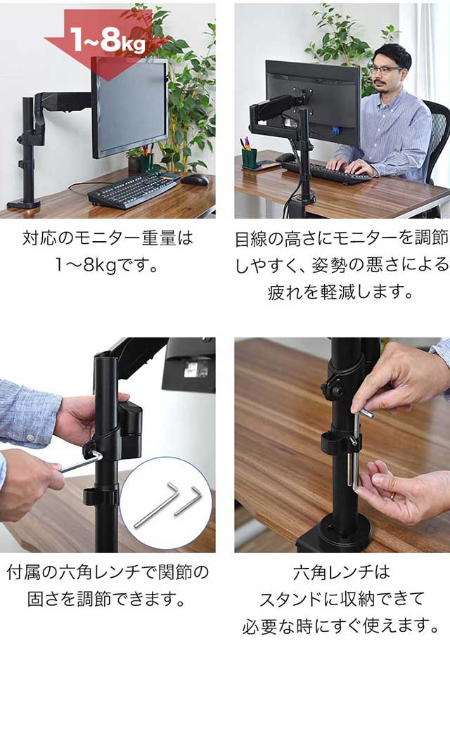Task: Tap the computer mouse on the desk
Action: pyautogui.click(x=195, y=179)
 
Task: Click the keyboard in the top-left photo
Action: pyautogui.click(x=133, y=190)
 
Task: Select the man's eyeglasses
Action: pyautogui.click(x=385, y=70)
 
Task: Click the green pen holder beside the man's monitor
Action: pyautogui.click(x=249, y=159)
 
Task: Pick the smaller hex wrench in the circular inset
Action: pyautogui.click(x=188, y=500)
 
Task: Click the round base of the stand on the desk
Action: pyautogui.click(x=334, y=533)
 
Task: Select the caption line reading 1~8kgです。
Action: pyautogui.click(x=108, y=266)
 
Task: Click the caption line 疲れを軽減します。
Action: pyautogui.click(x=341, y=292)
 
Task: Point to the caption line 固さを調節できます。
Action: pyautogui.click(x=108, y=599)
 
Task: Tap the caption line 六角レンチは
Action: pyautogui.click(x=341, y=572)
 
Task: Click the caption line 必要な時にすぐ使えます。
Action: pyautogui.click(x=341, y=626)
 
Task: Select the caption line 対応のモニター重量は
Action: pyautogui.click(x=108, y=239)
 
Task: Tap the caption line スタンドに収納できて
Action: pyautogui.click(x=341, y=599)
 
